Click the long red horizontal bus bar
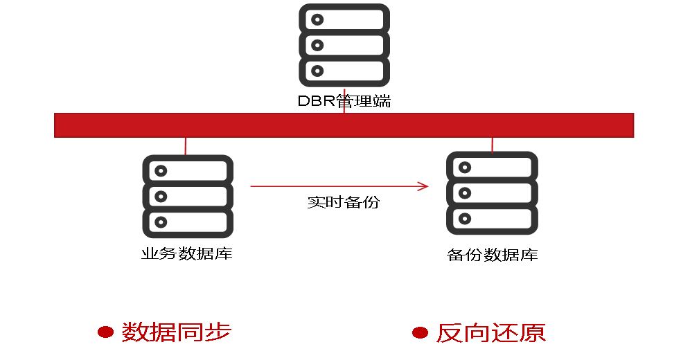344,125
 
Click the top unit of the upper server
344,19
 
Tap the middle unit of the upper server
344,45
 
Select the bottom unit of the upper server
344,71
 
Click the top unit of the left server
188,170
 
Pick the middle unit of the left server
188,197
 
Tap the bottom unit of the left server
188,222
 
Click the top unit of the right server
492,167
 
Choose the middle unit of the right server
492,193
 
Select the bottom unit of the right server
492,219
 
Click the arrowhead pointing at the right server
424,186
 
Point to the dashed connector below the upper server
344,100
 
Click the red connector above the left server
185,146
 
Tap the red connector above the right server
492,145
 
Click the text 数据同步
176,332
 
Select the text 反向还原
490,333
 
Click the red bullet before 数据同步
105,332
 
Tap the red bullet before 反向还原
420,333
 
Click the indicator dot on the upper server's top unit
317,19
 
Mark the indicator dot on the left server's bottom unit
161,222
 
